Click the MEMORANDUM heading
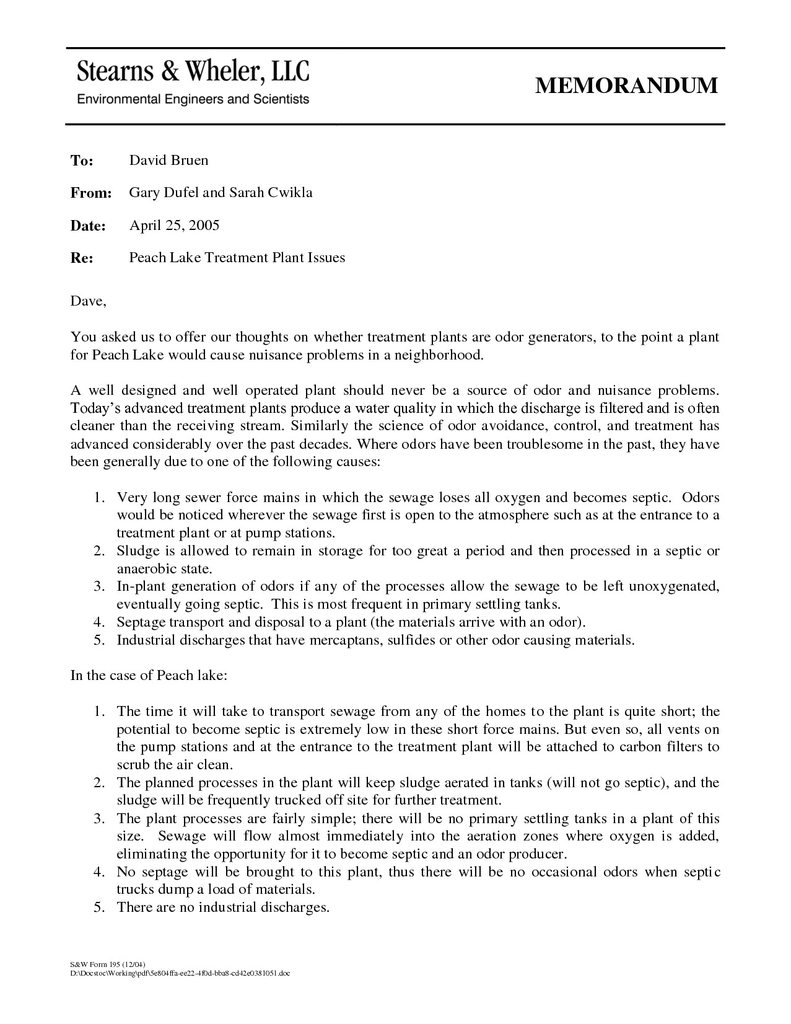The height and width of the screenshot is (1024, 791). point(626,85)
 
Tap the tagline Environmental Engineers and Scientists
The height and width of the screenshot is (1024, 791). point(192,99)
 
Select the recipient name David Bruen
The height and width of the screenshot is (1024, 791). point(168,161)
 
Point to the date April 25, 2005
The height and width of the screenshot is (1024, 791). point(174,225)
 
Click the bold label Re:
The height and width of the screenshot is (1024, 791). point(81,258)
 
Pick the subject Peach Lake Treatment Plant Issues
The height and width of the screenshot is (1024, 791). point(237,257)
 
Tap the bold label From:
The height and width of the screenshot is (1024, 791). point(90,193)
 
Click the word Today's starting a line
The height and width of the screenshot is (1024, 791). point(95,408)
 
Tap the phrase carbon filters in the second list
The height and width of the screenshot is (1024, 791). point(653,747)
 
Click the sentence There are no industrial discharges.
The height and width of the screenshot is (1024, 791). point(222,907)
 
